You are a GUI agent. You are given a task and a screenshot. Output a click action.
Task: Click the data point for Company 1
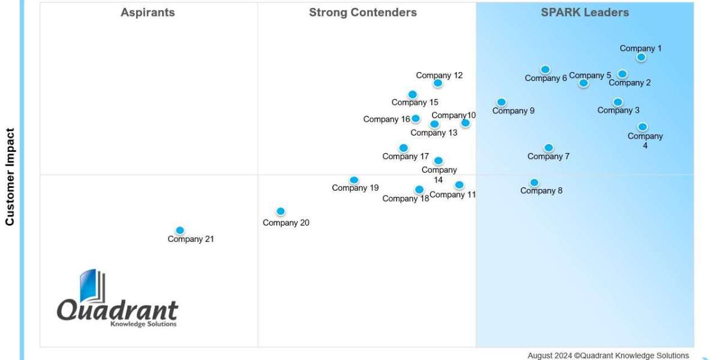[x=641, y=57]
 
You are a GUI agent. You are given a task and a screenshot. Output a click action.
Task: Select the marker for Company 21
[x=179, y=230]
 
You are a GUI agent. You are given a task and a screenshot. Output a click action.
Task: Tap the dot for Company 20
[x=280, y=211]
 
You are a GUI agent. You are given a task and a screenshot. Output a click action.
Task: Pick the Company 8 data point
[x=534, y=182]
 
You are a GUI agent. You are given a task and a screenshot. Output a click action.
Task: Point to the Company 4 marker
[x=643, y=127]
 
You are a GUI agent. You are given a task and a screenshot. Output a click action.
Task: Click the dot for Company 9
[x=502, y=102]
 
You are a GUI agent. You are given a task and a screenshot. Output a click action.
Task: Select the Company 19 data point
[x=354, y=180]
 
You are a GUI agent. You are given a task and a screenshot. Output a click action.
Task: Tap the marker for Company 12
[x=438, y=83]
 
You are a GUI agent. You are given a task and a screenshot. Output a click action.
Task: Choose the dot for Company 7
[x=548, y=148]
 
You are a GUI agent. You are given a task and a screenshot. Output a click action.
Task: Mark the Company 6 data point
[x=545, y=70]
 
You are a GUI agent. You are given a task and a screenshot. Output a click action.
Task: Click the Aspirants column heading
[x=148, y=13]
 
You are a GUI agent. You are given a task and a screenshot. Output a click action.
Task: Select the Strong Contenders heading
[x=362, y=13]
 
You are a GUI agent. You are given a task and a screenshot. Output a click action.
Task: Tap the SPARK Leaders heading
[x=584, y=13]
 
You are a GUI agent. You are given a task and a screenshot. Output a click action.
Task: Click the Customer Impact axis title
[x=10, y=176]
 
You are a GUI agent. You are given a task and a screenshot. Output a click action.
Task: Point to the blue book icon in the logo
[x=92, y=286]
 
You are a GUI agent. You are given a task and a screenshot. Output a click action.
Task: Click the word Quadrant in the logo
[x=118, y=310]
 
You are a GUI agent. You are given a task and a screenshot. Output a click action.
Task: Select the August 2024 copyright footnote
[x=608, y=355]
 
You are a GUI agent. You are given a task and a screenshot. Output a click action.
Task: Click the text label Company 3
[x=618, y=110]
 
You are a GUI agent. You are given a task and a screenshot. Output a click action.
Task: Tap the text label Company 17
[x=406, y=157]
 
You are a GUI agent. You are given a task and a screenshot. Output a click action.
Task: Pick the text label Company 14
[x=439, y=175]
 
